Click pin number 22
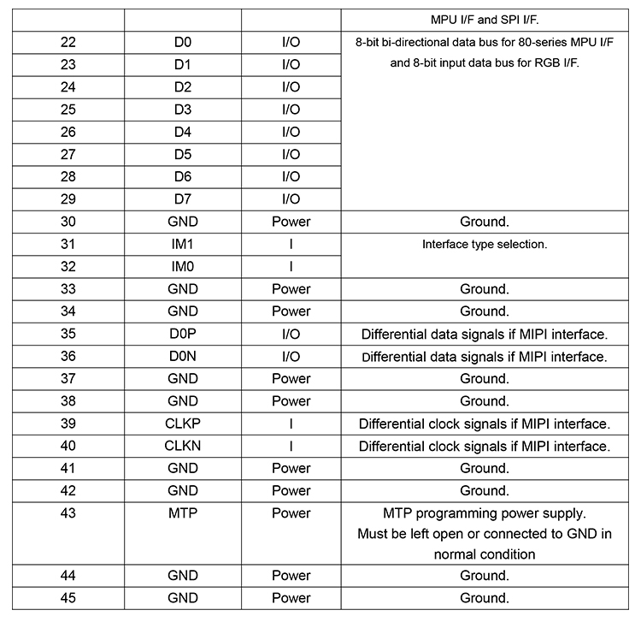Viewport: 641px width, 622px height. pyautogui.click(x=68, y=42)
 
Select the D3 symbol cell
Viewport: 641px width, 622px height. pyautogui.click(x=182, y=110)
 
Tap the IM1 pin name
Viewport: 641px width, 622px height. pyautogui.click(x=182, y=244)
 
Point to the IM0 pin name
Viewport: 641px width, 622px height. pyautogui.click(x=182, y=266)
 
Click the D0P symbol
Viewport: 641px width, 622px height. pyautogui.click(x=182, y=334)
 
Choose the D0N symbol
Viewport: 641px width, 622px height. pyautogui.click(x=182, y=356)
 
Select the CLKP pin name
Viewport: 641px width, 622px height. pyautogui.click(x=182, y=424)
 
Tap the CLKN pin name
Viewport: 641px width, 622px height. pyautogui.click(x=182, y=446)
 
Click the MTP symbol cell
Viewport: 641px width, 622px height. pyautogui.click(x=182, y=513)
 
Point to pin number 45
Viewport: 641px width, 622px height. pyautogui.click(x=68, y=598)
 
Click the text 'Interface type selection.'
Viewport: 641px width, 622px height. pyautogui.click(x=485, y=244)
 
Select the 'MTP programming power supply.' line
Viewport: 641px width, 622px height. pyautogui.click(x=485, y=513)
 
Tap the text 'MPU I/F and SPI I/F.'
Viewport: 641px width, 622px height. pyautogui.click(x=485, y=18)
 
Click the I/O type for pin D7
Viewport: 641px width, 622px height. pyautogui.click(x=291, y=199)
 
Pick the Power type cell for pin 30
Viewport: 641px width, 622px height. pyautogui.click(x=291, y=222)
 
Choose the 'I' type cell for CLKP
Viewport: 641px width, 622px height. pyautogui.click(x=291, y=424)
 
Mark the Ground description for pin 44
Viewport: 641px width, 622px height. pyautogui.click(x=485, y=576)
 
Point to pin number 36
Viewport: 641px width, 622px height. pyautogui.click(x=68, y=356)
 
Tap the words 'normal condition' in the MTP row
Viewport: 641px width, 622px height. pyautogui.click(x=485, y=554)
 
